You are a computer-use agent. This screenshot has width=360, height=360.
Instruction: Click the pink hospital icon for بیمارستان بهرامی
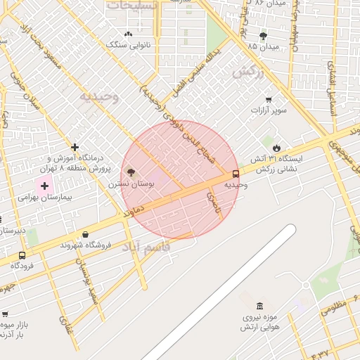45,186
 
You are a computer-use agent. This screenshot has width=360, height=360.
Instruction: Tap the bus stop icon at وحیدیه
235,174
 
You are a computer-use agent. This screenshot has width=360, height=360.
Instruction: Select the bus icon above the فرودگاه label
22,256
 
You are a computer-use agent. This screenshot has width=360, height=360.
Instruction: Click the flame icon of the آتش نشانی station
277,148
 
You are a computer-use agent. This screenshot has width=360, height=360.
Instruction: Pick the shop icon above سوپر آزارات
268,99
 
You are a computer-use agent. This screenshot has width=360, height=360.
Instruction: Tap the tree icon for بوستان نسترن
131,172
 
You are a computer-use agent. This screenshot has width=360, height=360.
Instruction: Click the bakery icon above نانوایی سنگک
128,34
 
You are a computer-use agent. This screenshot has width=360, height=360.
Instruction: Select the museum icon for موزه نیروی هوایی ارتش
260,306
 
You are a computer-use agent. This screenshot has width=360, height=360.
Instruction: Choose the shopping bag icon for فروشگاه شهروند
85,234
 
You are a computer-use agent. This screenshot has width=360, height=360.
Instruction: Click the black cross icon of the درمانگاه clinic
75,147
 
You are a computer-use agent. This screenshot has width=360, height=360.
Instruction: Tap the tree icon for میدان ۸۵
264,35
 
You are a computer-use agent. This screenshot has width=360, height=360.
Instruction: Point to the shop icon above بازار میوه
6,314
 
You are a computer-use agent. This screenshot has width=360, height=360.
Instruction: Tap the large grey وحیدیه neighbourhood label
98,95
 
